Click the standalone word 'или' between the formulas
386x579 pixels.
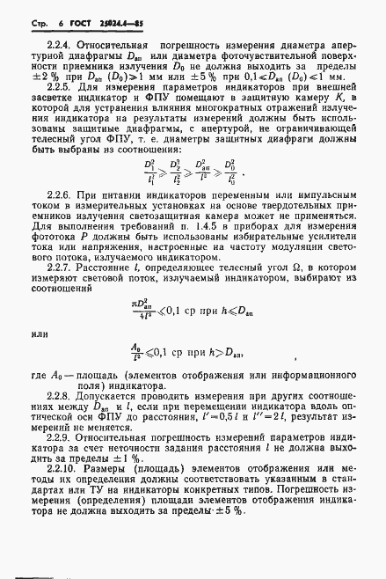click(40, 308)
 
